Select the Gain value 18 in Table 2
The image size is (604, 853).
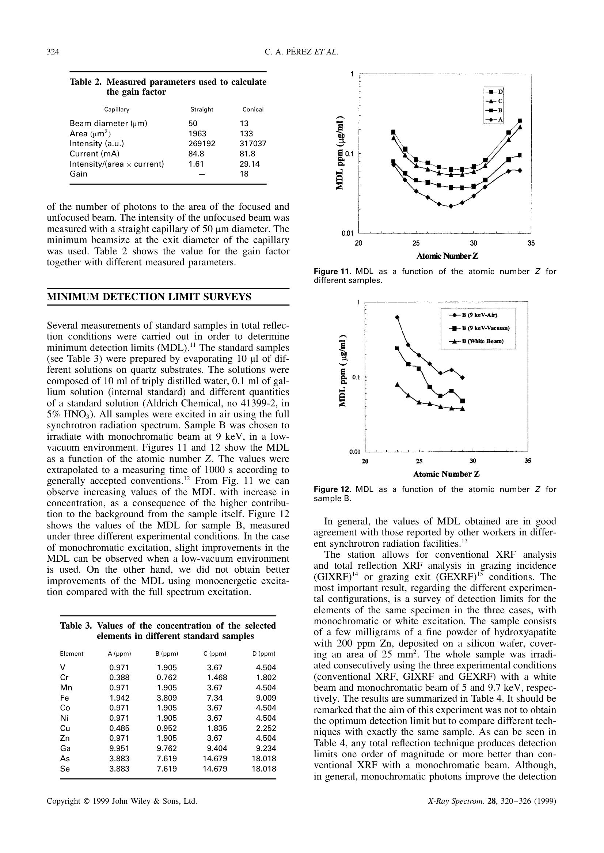pyautogui.click(x=244, y=174)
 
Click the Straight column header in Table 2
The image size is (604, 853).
pyautogui.click(x=202, y=109)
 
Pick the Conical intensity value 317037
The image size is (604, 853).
pyautogui.click(x=253, y=144)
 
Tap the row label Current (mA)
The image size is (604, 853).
pyautogui.click(x=95, y=153)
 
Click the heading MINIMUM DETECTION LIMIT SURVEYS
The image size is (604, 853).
pyautogui.click(x=149, y=297)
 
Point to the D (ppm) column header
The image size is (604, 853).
pyautogui.click(x=264, y=653)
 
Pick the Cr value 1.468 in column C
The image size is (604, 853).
pyautogui.click(x=217, y=678)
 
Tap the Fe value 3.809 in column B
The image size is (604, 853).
pyautogui.click(x=167, y=698)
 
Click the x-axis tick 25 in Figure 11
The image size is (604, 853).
pyautogui.click(x=416, y=243)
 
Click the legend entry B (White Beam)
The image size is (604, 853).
pyautogui.click(x=478, y=341)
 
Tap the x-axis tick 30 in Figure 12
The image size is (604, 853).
pyautogui.click(x=473, y=461)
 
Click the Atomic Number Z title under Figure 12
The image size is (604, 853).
pyautogui.click(x=446, y=474)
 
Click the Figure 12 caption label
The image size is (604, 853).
pyautogui.click(x=332, y=490)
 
